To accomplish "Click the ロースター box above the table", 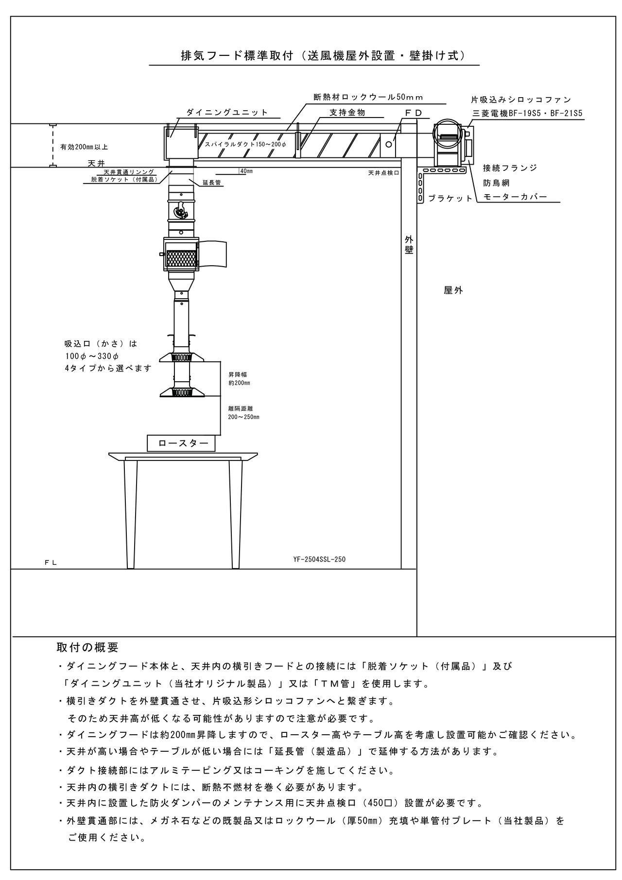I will point(183,443).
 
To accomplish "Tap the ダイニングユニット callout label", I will point(227,112).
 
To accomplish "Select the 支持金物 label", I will point(347,112).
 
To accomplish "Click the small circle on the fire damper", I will point(389,144).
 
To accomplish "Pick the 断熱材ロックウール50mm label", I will point(368,97).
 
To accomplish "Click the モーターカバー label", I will point(515,197).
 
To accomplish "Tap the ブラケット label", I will point(450,198).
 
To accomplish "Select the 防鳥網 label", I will point(496,183).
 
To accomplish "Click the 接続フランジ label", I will point(510,168).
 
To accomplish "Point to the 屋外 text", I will point(453,290).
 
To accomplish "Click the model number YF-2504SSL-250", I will point(319,559).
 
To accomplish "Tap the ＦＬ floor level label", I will point(51,562).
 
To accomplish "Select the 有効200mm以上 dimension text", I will point(84,147).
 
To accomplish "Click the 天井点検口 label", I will point(383,172).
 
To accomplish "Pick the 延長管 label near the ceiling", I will point(211,183).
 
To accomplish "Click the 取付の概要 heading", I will point(87,647).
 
